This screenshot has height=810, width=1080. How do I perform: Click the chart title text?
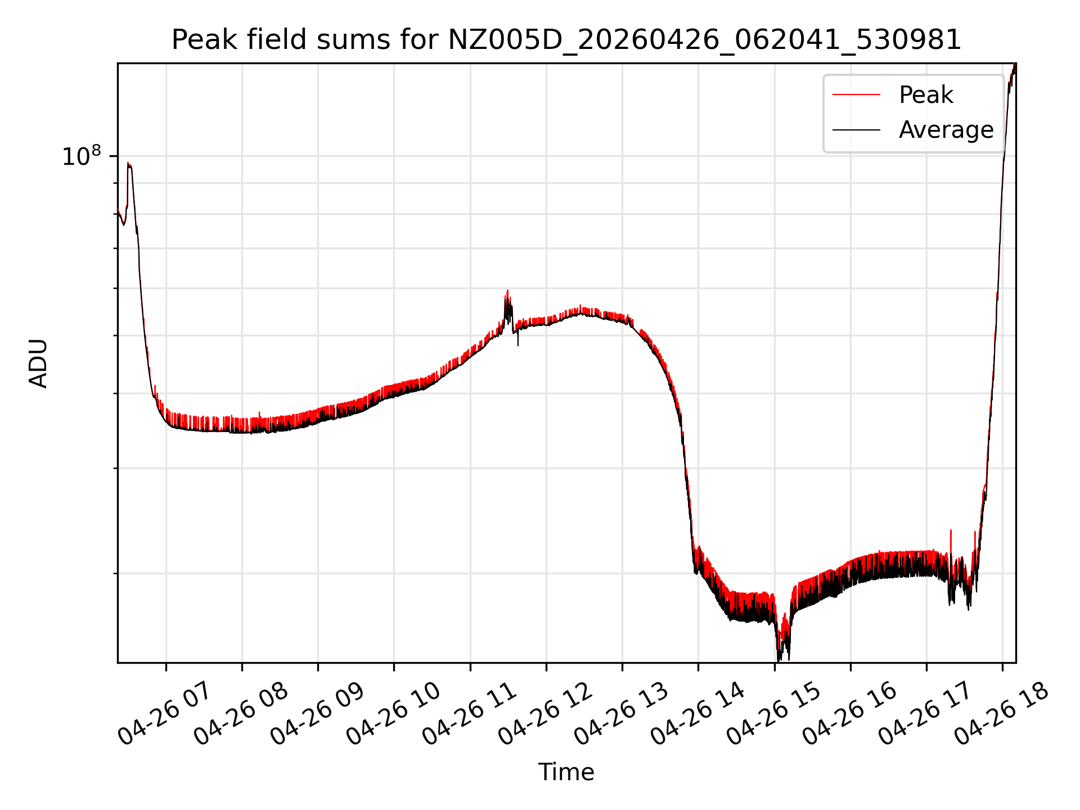click(x=566, y=40)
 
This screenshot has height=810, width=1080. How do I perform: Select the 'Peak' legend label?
click(x=926, y=94)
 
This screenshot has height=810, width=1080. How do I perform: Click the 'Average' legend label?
click(x=946, y=130)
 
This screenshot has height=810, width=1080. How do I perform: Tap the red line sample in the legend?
click(x=856, y=94)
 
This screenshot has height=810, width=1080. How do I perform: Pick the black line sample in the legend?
click(x=856, y=130)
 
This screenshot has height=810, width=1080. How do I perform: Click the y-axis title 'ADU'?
click(x=38, y=363)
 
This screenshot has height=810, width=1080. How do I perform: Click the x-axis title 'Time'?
click(x=566, y=772)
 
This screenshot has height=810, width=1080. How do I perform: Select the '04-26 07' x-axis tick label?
click(x=164, y=712)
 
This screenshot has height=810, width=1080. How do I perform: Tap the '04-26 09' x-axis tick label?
click(x=317, y=712)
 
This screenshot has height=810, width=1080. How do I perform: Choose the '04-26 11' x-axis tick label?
click(x=469, y=712)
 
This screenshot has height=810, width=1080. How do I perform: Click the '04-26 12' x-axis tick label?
click(x=545, y=712)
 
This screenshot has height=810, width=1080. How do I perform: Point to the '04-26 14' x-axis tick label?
click(x=697, y=712)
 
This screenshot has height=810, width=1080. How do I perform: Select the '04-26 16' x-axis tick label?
click(x=849, y=712)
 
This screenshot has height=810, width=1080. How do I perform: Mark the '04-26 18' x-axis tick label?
click(x=1001, y=712)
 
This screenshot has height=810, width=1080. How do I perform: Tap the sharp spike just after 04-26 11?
click(x=508, y=291)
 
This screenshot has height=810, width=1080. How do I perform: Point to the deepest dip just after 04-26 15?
click(x=779, y=659)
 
